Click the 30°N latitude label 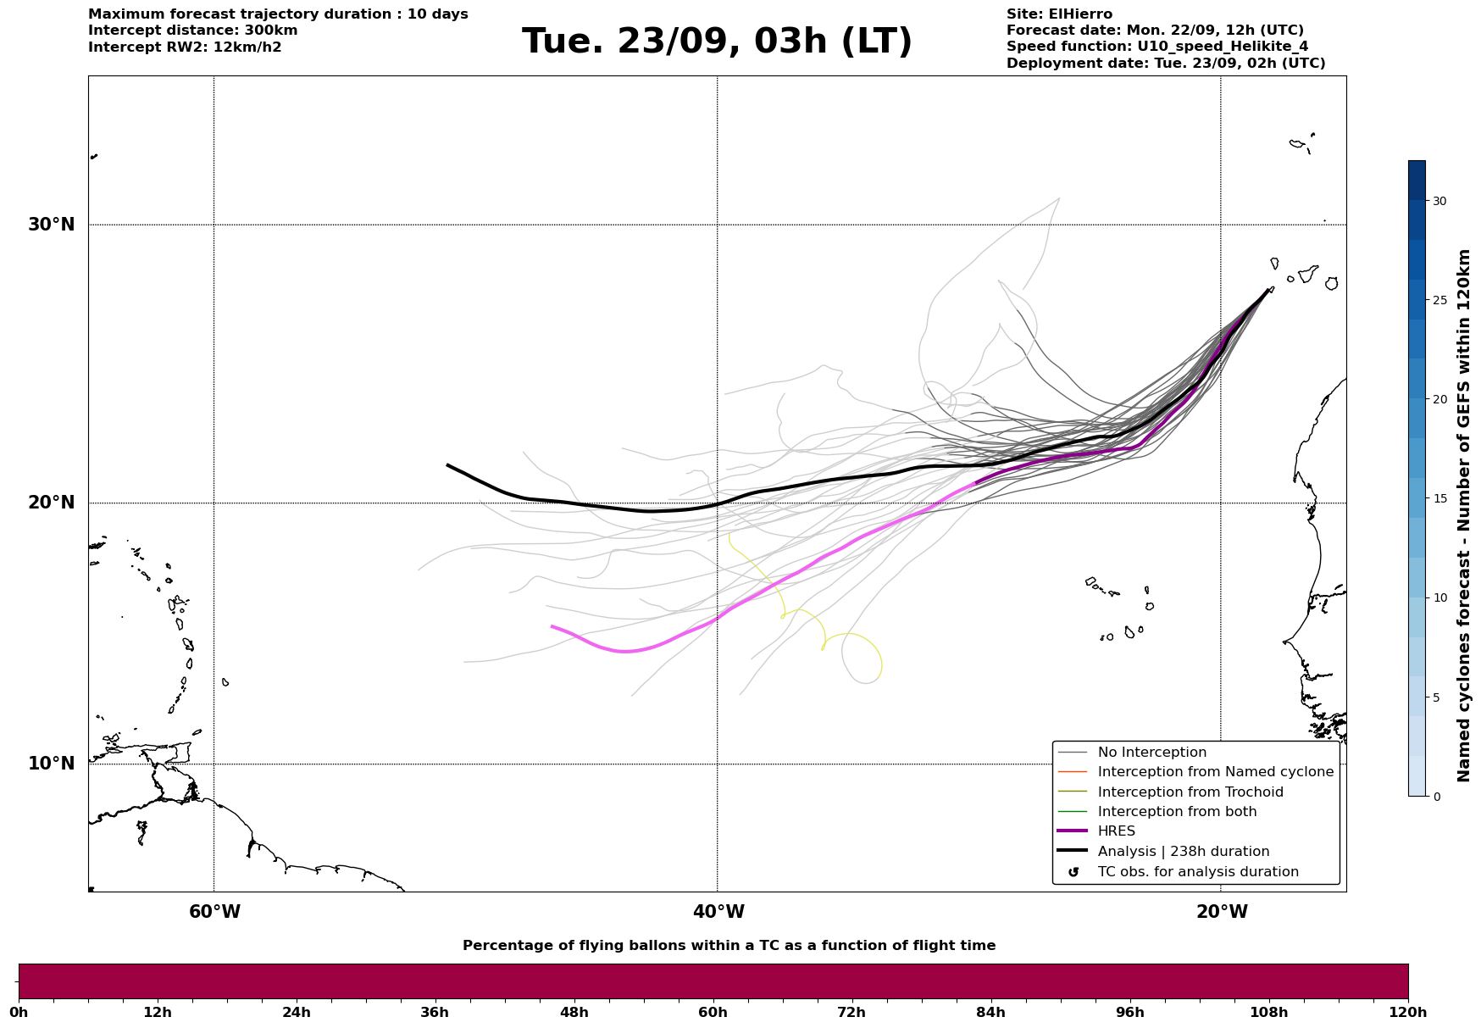51,225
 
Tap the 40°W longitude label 718,912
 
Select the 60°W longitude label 214,912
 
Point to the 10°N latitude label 51,764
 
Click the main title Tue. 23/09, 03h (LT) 717,42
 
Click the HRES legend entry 1116,831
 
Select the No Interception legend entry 1151,753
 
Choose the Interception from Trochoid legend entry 1190,792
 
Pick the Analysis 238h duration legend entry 1183,852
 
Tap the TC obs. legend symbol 1073,872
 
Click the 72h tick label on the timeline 851,1012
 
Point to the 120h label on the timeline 1408,1012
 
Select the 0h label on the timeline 19,1012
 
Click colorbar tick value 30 1439,201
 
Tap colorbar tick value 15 1439,498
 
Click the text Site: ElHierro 1059,14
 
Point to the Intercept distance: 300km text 192,31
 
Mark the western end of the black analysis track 448,464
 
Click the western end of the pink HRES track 552,626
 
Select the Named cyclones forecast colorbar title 1464,515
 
